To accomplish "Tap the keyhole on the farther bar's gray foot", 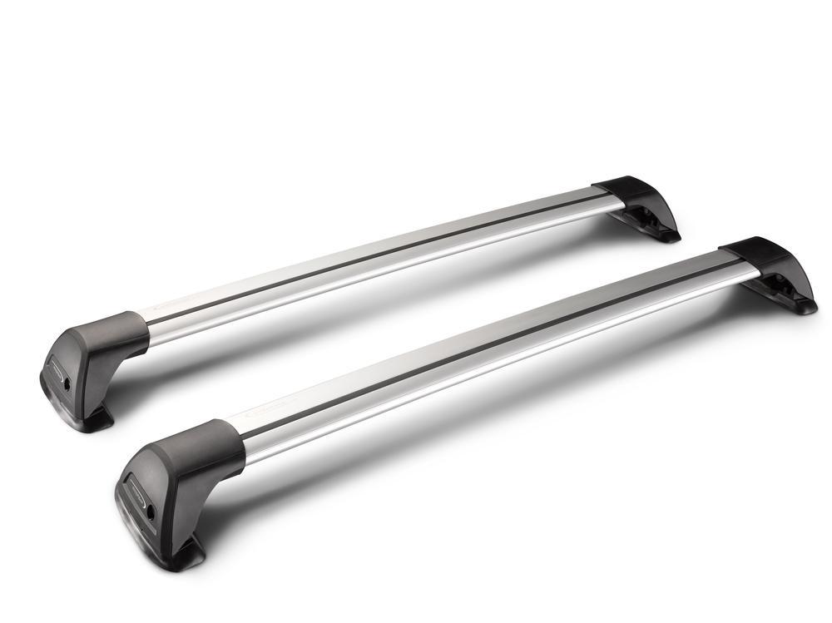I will click(x=67, y=388).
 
